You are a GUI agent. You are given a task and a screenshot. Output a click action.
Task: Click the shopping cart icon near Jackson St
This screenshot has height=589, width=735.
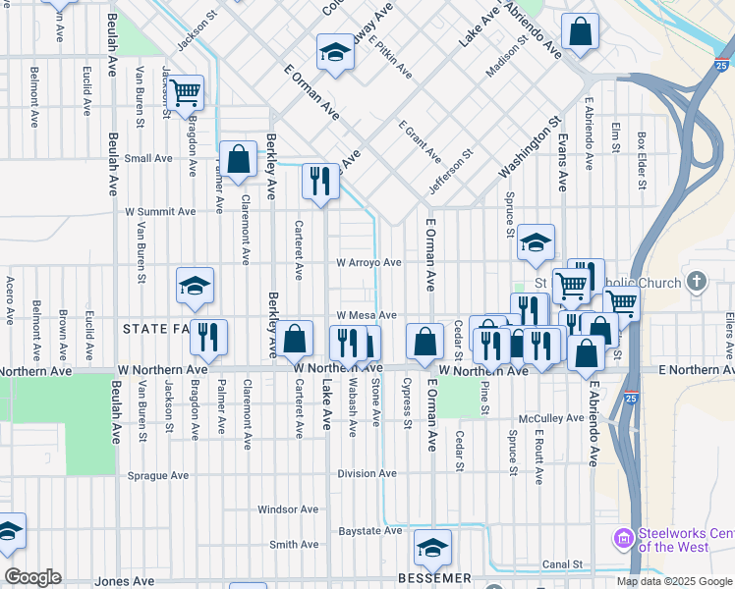click(x=185, y=93)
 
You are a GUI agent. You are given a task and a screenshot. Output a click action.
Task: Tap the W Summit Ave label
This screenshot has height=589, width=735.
click(x=159, y=211)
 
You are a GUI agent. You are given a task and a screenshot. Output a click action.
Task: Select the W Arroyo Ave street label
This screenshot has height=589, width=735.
click(x=368, y=263)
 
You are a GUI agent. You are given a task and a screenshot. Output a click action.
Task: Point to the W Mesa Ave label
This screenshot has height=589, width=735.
click(x=366, y=315)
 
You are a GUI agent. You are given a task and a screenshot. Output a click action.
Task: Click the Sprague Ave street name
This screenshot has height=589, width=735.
click(x=158, y=475)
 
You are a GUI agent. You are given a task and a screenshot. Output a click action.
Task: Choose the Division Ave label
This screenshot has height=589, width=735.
click(x=367, y=473)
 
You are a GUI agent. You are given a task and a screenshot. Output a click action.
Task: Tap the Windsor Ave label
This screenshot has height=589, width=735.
click(x=288, y=509)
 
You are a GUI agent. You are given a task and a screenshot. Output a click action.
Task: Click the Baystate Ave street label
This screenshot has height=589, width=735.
click(x=370, y=531)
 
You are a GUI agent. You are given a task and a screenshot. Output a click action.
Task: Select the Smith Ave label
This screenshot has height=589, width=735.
click(x=294, y=545)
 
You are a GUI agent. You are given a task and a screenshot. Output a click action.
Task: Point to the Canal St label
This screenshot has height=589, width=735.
click(x=562, y=564)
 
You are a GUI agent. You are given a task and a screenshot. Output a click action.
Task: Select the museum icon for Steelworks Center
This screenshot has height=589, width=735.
click(x=623, y=539)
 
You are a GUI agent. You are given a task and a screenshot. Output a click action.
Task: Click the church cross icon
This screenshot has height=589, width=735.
click(x=697, y=283)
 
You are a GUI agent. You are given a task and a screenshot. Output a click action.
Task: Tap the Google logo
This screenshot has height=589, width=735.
click(x=32, y=577)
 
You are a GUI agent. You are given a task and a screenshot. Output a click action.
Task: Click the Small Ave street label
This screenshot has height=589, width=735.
click(x=148, y=158)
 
